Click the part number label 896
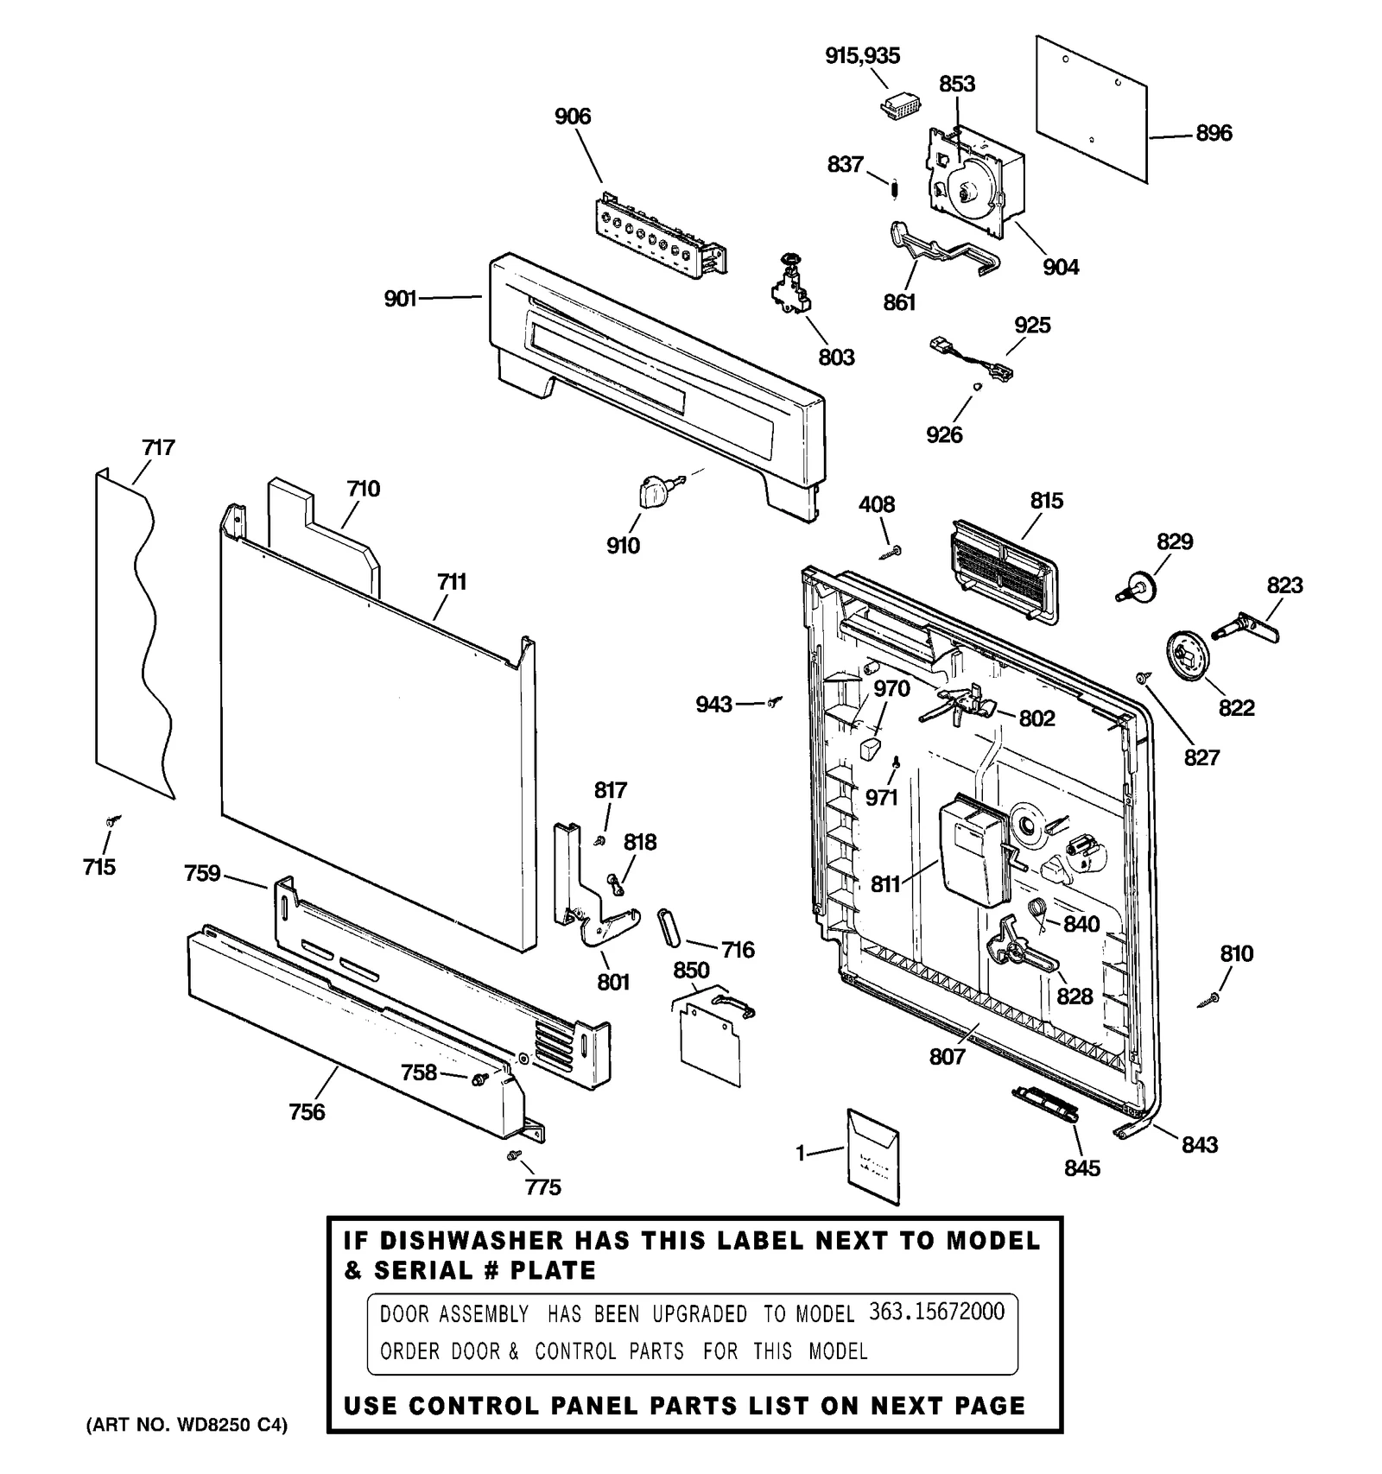click(x=1214, y=133)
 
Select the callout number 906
click(x=573, y=117)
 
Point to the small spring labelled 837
click(x=896, y=186)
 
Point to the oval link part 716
click(x=669, y=928)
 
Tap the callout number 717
click(x=158, y=447)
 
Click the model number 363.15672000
click(x=936, y=1312)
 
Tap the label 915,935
click(x=862, y=55)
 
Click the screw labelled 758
click(x=478, y=1078)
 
